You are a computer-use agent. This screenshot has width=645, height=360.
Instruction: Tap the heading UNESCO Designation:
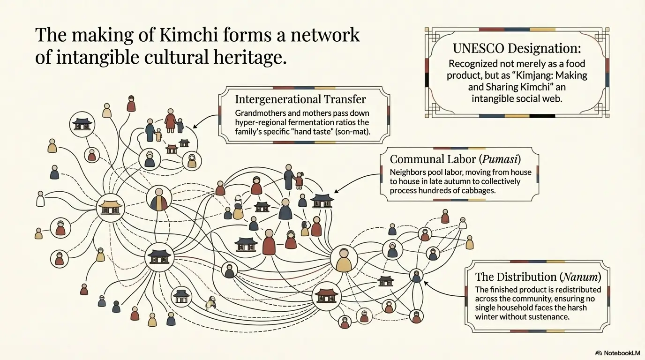click(x=517, y=48)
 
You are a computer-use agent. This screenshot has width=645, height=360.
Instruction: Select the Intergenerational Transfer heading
click(x=300, y=99)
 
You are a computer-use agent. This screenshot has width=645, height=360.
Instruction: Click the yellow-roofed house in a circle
click(x=111, y=207)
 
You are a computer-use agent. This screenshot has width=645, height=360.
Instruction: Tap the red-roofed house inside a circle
click(x=326, y=296)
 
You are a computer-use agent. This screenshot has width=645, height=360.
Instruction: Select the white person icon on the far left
click(x=40, y=199)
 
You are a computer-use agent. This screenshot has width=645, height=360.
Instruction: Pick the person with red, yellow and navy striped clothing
click(x=159, y=199)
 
